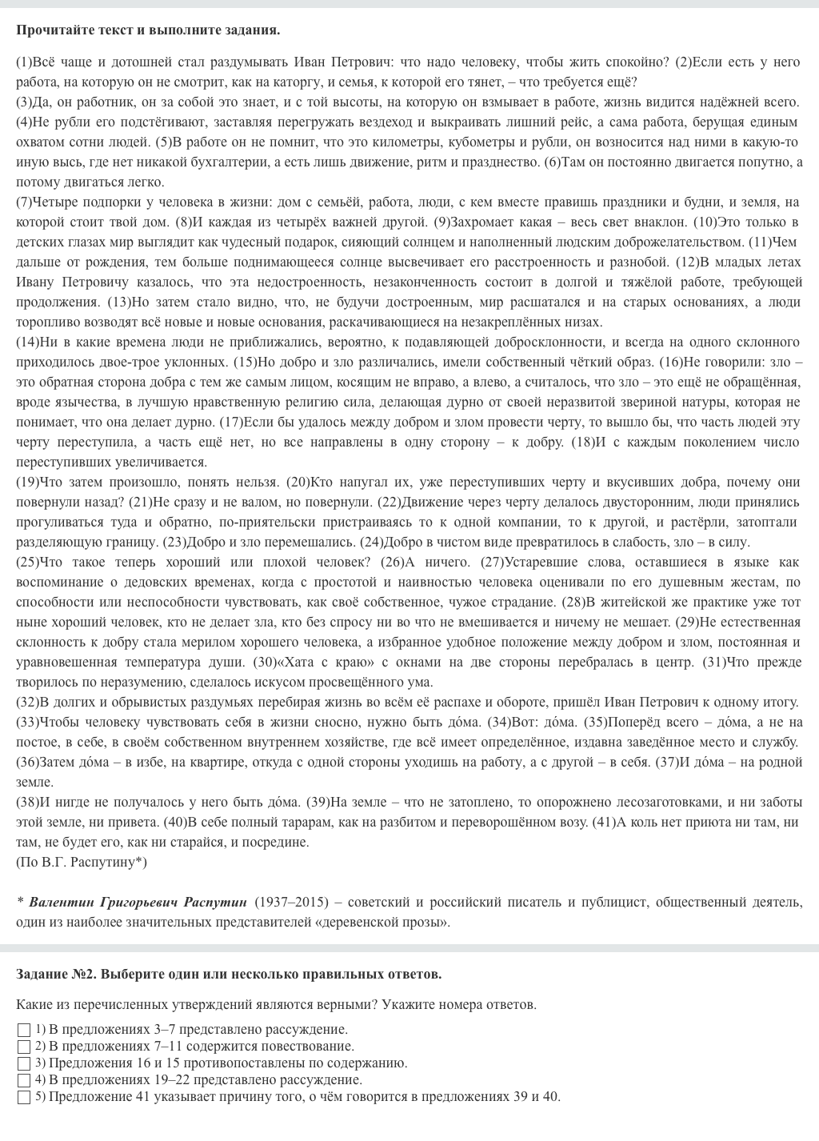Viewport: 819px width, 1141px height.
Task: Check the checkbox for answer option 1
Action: click(24, 1030)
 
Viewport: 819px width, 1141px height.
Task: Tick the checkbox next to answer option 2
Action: click(24, 1047)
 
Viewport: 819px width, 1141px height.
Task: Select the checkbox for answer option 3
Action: click(24, 1063)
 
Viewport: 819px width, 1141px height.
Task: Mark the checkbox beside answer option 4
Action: click(24, 1080)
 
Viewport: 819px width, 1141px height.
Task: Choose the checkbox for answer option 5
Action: click(24, 1097)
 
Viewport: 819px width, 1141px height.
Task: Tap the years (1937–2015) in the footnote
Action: click(292, 902)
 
